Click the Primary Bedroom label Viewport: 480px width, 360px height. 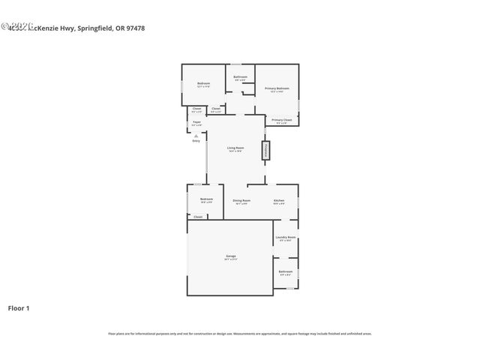pos(277,89)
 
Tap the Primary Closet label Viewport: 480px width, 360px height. pos(282,120)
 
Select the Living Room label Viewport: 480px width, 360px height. pos(235,148)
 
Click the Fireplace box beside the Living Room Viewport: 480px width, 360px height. pos(265,151)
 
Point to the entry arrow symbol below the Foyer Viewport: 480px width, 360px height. pos(196,136)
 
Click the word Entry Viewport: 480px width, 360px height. pos(196,141)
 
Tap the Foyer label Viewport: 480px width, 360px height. pos(196,122)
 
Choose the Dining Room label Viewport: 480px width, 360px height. pos(241,200)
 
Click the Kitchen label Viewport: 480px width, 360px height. pos(278,200)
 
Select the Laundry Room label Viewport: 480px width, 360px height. pos(286,238)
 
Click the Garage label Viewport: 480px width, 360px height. pos(230,256)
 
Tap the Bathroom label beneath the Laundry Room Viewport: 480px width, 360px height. pos(286,271)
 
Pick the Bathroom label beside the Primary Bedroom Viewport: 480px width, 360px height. pos(240,77)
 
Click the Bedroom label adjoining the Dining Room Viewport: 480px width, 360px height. pos(206,199)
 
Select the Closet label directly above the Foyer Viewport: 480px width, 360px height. pos(196,109)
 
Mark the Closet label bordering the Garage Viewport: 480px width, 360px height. pos(198,217)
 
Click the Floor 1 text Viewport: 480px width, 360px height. pos(19,307)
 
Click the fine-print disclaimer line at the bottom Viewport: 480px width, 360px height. pos(240,334)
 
